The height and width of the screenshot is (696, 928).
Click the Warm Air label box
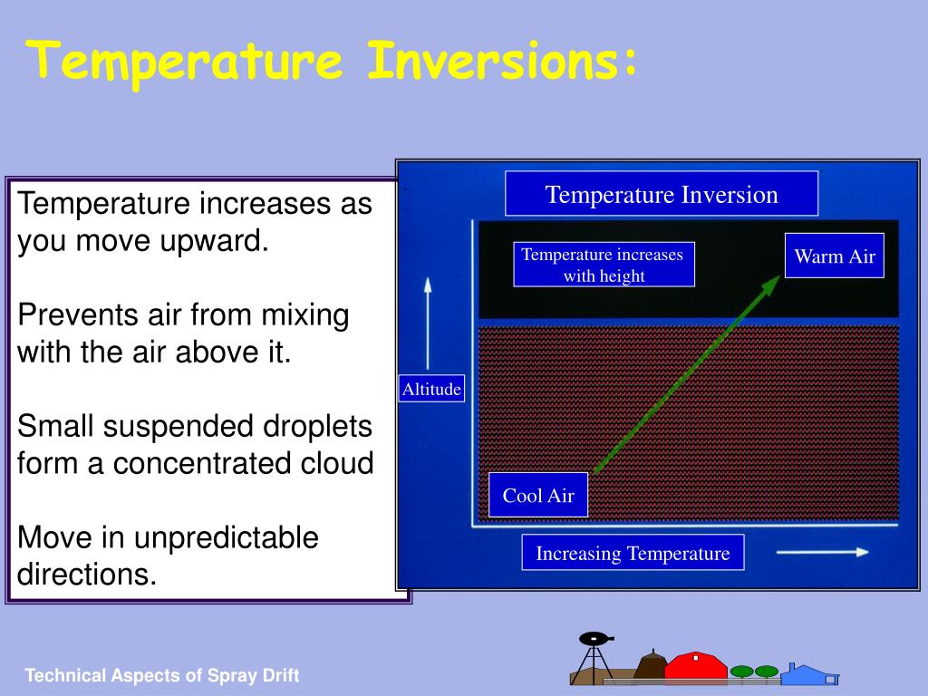[835, 256]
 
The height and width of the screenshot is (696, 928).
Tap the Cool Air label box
[538, 495]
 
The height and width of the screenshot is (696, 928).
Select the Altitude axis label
[431, 389]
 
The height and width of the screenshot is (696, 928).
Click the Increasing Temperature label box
[633, 553]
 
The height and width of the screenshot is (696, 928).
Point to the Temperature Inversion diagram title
[662, 194]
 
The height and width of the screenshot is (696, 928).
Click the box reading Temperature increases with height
[604, 265]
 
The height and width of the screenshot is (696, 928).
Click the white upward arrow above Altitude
[428, 324]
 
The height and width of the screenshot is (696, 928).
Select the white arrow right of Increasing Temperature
[823, 552]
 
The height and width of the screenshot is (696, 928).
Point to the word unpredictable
[226, 538]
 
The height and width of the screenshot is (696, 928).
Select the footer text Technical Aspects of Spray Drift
[161, 675]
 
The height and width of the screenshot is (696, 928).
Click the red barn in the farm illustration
[695, 666]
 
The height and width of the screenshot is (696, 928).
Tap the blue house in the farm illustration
[809, 674]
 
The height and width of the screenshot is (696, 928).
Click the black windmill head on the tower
[595, 639]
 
